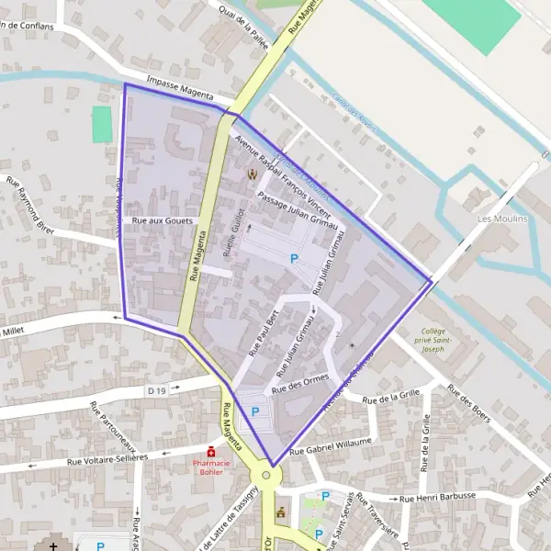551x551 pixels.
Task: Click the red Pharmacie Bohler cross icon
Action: pos(211,452)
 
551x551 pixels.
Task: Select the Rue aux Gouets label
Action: pos(162,221)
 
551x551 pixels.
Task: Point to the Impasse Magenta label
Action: pos(180,92)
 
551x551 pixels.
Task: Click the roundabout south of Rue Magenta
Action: pos(266,476)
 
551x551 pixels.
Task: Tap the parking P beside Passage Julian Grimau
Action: pos(294,259)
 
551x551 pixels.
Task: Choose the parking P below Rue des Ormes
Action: pos(255,411)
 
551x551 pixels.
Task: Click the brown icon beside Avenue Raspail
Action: pos(252,173)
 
